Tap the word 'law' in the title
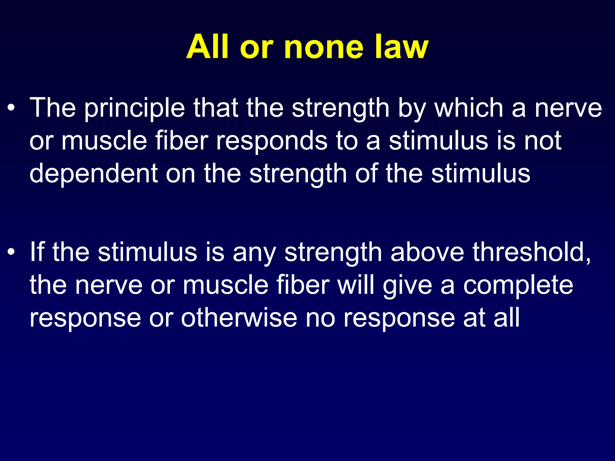[x=401, y=47]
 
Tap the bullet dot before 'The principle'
[x=11, y=108]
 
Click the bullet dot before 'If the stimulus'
[x=11, y=252]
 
